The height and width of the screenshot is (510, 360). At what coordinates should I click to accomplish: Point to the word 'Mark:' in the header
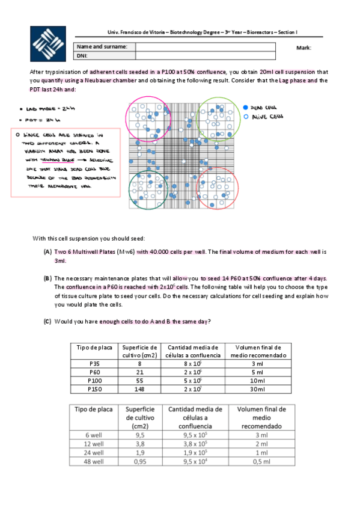coord(304,48)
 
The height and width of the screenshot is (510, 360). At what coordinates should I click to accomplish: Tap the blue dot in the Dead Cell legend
coord(246,106)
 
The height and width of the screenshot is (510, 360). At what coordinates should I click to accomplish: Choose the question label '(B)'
coord(47,278)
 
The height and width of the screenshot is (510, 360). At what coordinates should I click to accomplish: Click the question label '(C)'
coord(47,322)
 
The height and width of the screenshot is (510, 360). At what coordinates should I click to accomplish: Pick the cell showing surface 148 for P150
coord(139,389)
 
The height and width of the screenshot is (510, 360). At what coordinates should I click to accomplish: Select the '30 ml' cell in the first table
coord(257,389)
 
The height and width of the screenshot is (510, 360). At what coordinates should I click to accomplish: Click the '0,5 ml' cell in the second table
coord(257,461)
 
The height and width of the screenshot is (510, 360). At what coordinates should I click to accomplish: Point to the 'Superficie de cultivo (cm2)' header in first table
coord(139,351)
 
